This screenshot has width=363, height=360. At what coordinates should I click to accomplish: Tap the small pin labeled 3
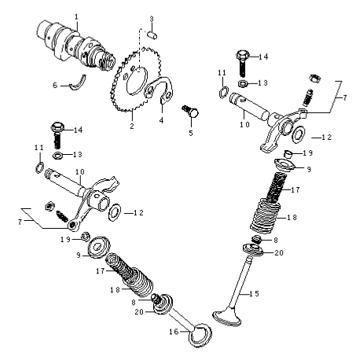tap(152, 35)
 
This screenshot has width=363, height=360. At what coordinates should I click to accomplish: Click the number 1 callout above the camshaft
tap(76, 17)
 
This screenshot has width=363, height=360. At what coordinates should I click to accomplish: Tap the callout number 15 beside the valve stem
tap(254, 294)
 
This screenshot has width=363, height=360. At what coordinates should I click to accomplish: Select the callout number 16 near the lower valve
tap(174, 332)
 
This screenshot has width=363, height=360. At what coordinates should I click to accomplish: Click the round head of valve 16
tap(201, 335)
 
